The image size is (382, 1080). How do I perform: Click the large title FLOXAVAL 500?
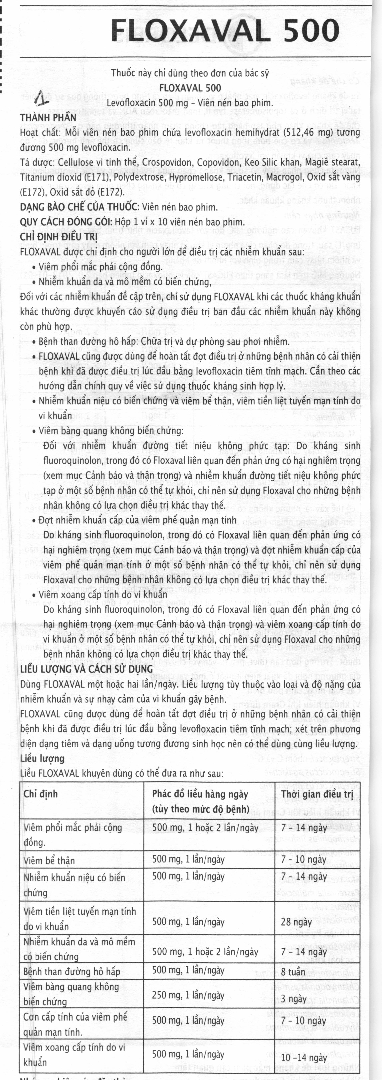click(225, 31)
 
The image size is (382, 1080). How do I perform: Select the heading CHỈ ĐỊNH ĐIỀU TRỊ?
click(59, 237)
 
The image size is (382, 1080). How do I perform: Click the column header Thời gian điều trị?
click(317, 794)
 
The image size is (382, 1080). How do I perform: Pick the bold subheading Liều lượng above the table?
click(42, 758)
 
